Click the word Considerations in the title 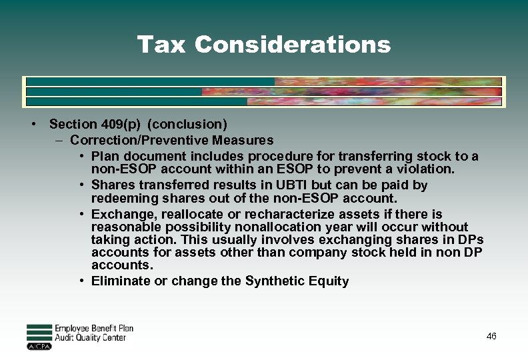pyautogui.click(x=293, y=45)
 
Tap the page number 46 pyautogui.click(x=491, y=337)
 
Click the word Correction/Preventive pyautogui.click(x=139, y=140)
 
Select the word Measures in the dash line pyautogui.click(x=243, y=140)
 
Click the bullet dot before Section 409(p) pyautogui.click(x=32, y=124)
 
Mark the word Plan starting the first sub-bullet pyautogui.click(x=104, y=157)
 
